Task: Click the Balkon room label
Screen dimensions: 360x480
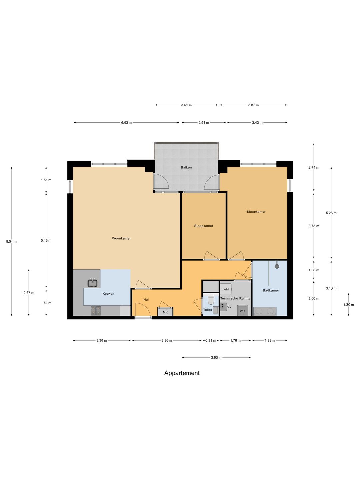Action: coord(186,168)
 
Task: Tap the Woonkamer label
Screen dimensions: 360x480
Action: coord(121,238)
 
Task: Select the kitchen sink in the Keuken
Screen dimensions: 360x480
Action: coord(93,283)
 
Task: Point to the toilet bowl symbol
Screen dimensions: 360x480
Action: coord(211,300)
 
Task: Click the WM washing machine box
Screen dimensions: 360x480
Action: coord(226,289)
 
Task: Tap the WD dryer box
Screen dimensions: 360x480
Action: coord(242,311)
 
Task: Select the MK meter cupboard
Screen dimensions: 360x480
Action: coord(165,312)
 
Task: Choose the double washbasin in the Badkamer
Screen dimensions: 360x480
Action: coord(264,311)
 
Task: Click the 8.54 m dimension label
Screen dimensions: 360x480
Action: coord(11,242)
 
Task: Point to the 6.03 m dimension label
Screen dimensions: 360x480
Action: coord(126,123)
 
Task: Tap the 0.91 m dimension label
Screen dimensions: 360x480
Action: coord(211,340)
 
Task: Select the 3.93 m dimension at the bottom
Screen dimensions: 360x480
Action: coord(216,358)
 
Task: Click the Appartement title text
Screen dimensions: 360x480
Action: coord(182,373)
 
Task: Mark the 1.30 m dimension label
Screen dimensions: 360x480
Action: coord(349,305)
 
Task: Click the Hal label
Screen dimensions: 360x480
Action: coord(146,300)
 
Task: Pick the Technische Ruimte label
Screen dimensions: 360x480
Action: coord(235,298)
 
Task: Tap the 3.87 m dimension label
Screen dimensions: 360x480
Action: coord(253,105)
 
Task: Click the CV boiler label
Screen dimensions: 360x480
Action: coord(229,307)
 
